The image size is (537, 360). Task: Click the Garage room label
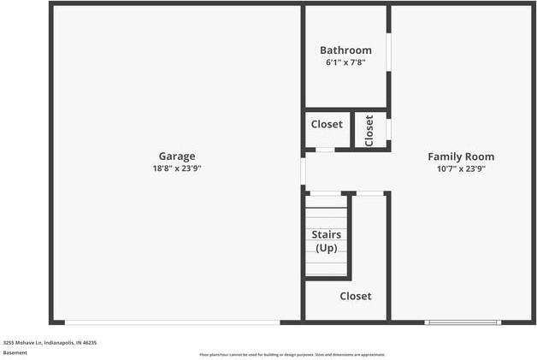tap(177, 156)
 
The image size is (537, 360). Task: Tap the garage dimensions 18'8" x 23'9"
tap(177, 168)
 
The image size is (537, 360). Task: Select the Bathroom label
tap(345, 50)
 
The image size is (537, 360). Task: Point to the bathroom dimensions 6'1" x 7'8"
tap(345, 62)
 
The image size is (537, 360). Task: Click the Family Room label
tap(461, 156)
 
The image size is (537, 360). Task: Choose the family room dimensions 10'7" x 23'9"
tap(461, 168)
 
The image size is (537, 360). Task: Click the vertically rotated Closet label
tap(369, 130)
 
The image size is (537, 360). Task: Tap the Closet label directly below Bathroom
tap(327, 125)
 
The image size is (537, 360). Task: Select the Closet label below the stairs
tap(356, 296)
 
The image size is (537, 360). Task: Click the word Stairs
tap(327, 234)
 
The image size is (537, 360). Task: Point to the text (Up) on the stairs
tap(327, 248)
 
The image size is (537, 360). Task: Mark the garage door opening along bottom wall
tap(172, 322)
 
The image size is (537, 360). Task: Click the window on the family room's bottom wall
tap(463, 322)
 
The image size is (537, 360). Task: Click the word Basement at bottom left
tap(15, 352)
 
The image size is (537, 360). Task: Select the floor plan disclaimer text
tap(292, 354)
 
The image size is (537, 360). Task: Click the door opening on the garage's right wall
tap(303, 169)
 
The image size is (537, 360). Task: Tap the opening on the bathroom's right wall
tap(389, 52)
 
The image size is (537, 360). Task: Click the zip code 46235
tap(90, 342)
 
